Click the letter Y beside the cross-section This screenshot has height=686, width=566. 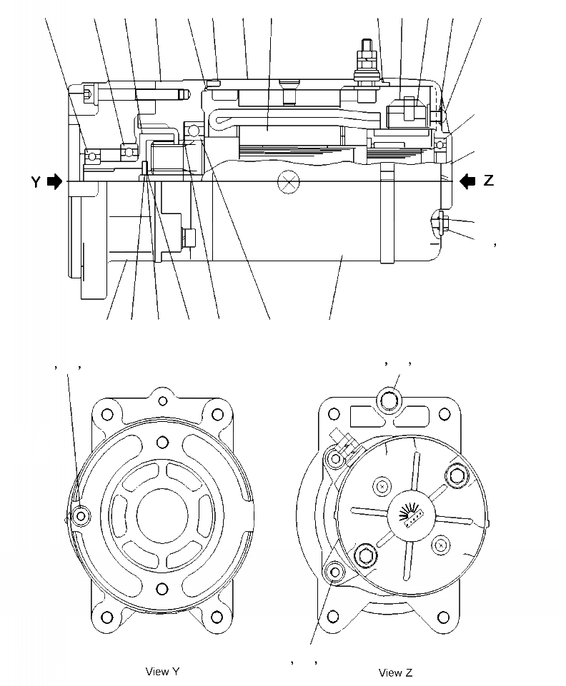pyautogui.click(x=36, y=182)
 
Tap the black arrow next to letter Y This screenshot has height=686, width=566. pyautogui.click(x=54, y=182)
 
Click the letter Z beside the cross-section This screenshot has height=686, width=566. pyautogui.click(x=489, y=181)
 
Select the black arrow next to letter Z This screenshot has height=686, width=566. pyautogui.click(x=467, y=181)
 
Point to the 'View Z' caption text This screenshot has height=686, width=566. pyautogui.click(x=395, y=672)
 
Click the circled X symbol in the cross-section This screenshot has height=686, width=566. pyautogui.click(x=289, y=181)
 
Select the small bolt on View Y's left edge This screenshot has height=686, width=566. pyautogui.click(x=81, y=515)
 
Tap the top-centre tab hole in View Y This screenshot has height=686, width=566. pyautogui.click(x=163, y=400)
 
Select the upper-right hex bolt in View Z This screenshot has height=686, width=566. pyautogui.click(x=456, y=474)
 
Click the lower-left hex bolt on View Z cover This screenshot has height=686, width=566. pyautogui.click(x=365, y=557)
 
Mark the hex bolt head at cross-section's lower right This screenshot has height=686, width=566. pyautogui.click(x=442, y=222)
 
